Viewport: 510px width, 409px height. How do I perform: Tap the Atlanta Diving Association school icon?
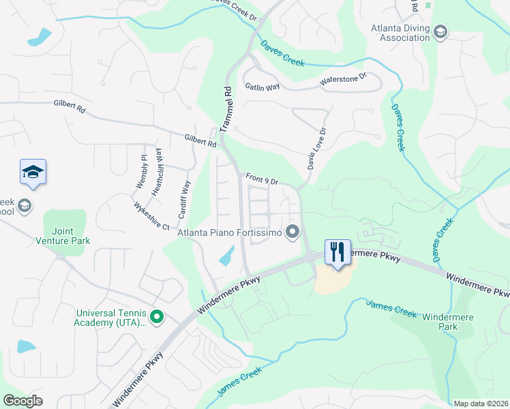coord(440,31)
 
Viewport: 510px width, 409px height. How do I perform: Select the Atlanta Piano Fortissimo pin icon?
coord(293,232)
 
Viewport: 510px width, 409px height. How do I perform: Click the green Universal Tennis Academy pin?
coord(156,316)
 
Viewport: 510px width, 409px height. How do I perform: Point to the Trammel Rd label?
coord(226,108)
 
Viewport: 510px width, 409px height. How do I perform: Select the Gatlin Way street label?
coord(262,87)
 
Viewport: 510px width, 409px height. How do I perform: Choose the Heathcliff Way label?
coord(157,172)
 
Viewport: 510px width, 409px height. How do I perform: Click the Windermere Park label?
coord(448,322)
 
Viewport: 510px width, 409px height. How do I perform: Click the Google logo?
coord(22,401)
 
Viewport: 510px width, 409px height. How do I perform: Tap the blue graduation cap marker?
coord(33,172)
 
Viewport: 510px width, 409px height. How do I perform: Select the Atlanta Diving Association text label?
coord(400,33)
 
